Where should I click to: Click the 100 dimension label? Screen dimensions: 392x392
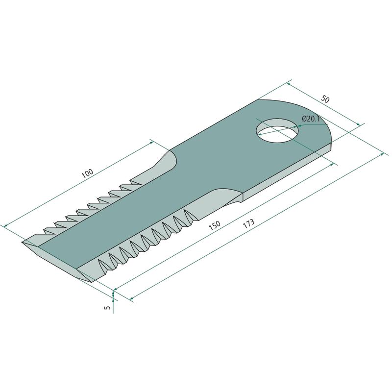click(x=88, y=173)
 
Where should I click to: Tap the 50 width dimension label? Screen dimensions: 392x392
click(x=325, y=99)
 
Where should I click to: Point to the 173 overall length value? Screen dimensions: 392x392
click(x=249, y=223)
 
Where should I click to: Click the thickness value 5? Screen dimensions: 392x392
click(x=107, y=308)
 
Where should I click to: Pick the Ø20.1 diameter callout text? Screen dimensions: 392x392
click(x=311, y=119)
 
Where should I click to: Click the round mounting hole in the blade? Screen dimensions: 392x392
click(x=277, y=130)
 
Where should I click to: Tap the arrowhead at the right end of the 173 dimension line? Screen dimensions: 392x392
click(x=382, y=154)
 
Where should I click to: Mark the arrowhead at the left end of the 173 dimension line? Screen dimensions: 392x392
click(x=131, y=298)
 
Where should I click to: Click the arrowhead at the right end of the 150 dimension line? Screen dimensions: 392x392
click(x=332, y=164)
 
